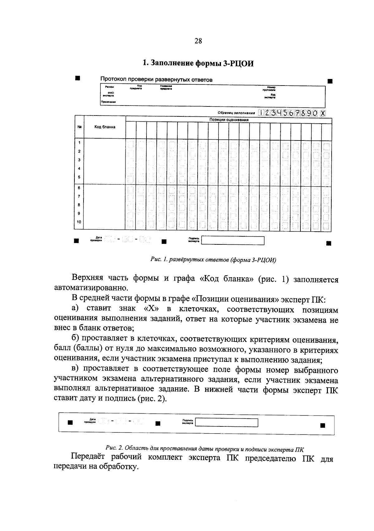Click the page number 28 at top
tap(198, 41)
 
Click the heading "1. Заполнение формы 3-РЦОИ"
tap(198, 63)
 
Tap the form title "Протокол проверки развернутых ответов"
tap(156, 80)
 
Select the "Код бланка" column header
tap(105, 127)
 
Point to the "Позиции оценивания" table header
tap(229, 120)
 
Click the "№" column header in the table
tap(79, 127)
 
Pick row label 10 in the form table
tap(79, 222)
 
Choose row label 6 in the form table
tap(79, 188)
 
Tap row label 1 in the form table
tap(79, 143)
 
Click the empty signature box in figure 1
tap(233, 240)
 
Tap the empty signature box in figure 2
tap(227, 422)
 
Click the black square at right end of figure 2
tap(323, 425)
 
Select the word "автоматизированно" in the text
tap(91, 288)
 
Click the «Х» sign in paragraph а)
tap(151, 309)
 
